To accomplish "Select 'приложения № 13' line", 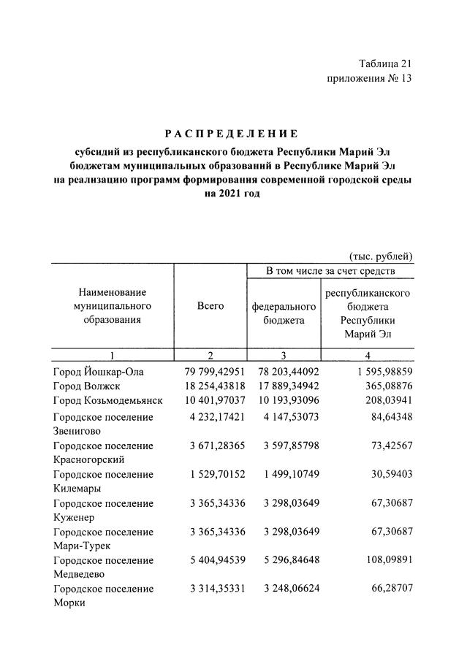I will (x=369, y=79).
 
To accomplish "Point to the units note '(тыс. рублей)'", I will (x=381, y=256).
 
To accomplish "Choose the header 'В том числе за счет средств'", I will (x=330, y=272).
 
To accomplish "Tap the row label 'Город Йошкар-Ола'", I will (x=99, y=372).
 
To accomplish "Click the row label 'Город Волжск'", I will (x=86, y=386).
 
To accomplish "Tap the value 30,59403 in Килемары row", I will (x=390, y=474).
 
